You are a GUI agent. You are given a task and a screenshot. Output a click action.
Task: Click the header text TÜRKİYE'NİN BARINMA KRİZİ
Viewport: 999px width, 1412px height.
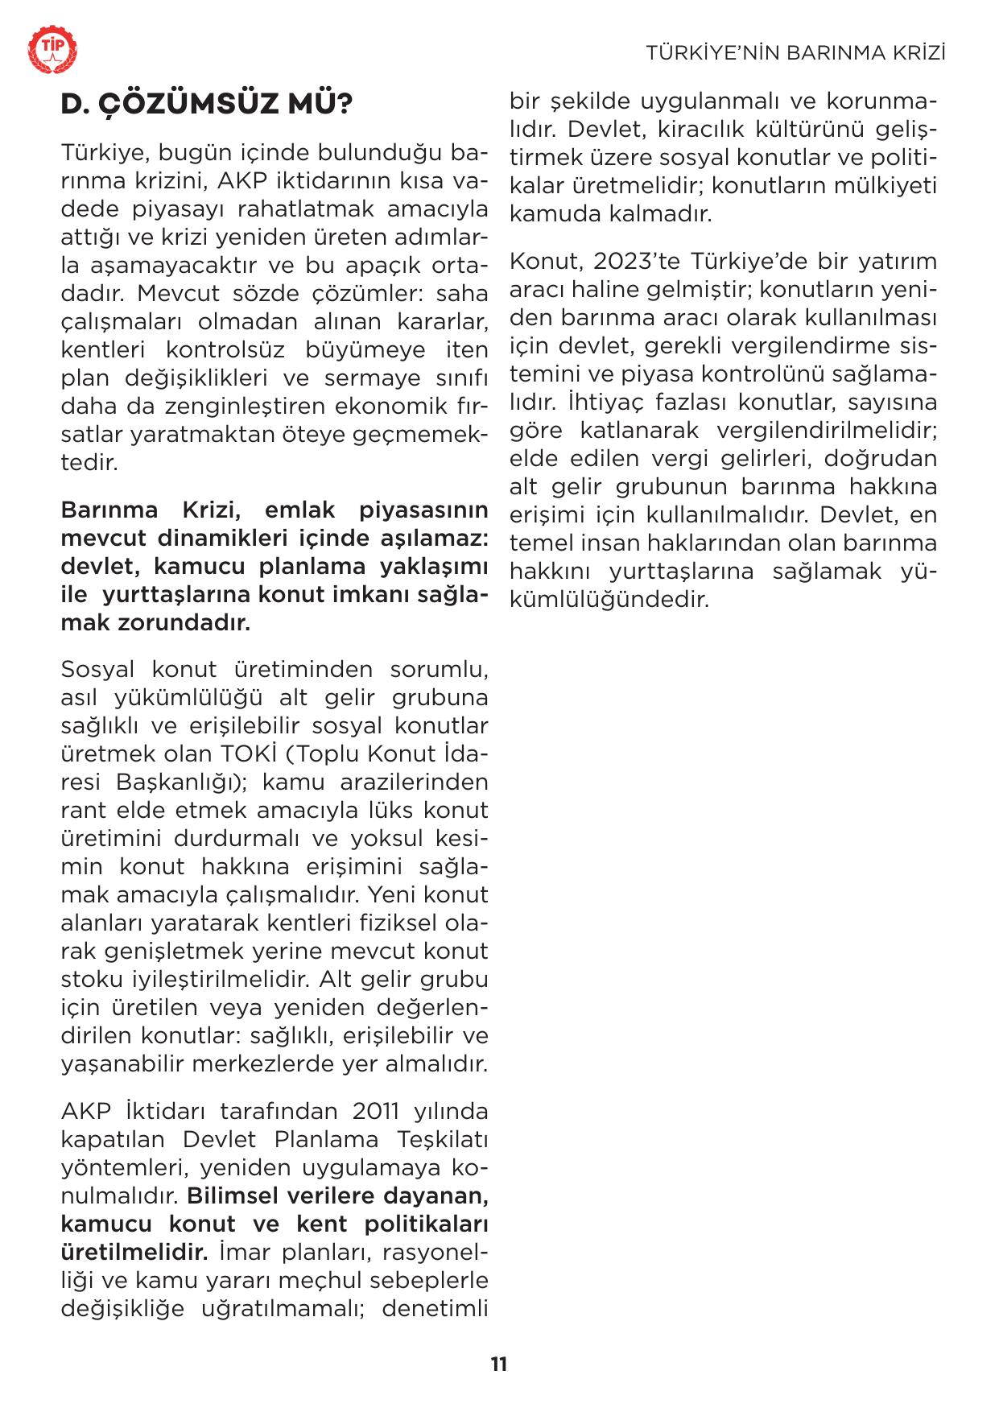[x=795, y=53]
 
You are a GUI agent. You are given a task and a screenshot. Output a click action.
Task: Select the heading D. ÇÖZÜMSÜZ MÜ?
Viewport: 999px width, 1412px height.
[x=207, y=105]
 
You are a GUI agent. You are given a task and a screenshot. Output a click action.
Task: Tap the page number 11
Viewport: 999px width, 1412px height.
[x=499, y=1365]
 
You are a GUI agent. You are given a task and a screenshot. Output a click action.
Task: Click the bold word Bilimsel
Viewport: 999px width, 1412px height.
[x=232, y=1196]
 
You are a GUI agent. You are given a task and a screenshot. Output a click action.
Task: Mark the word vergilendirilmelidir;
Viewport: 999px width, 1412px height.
[x=827, y=431]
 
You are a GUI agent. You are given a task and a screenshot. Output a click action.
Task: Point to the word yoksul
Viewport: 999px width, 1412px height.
[x=386, y=839]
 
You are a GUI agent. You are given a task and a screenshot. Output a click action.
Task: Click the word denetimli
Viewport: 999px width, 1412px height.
[x=435, y=1309]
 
